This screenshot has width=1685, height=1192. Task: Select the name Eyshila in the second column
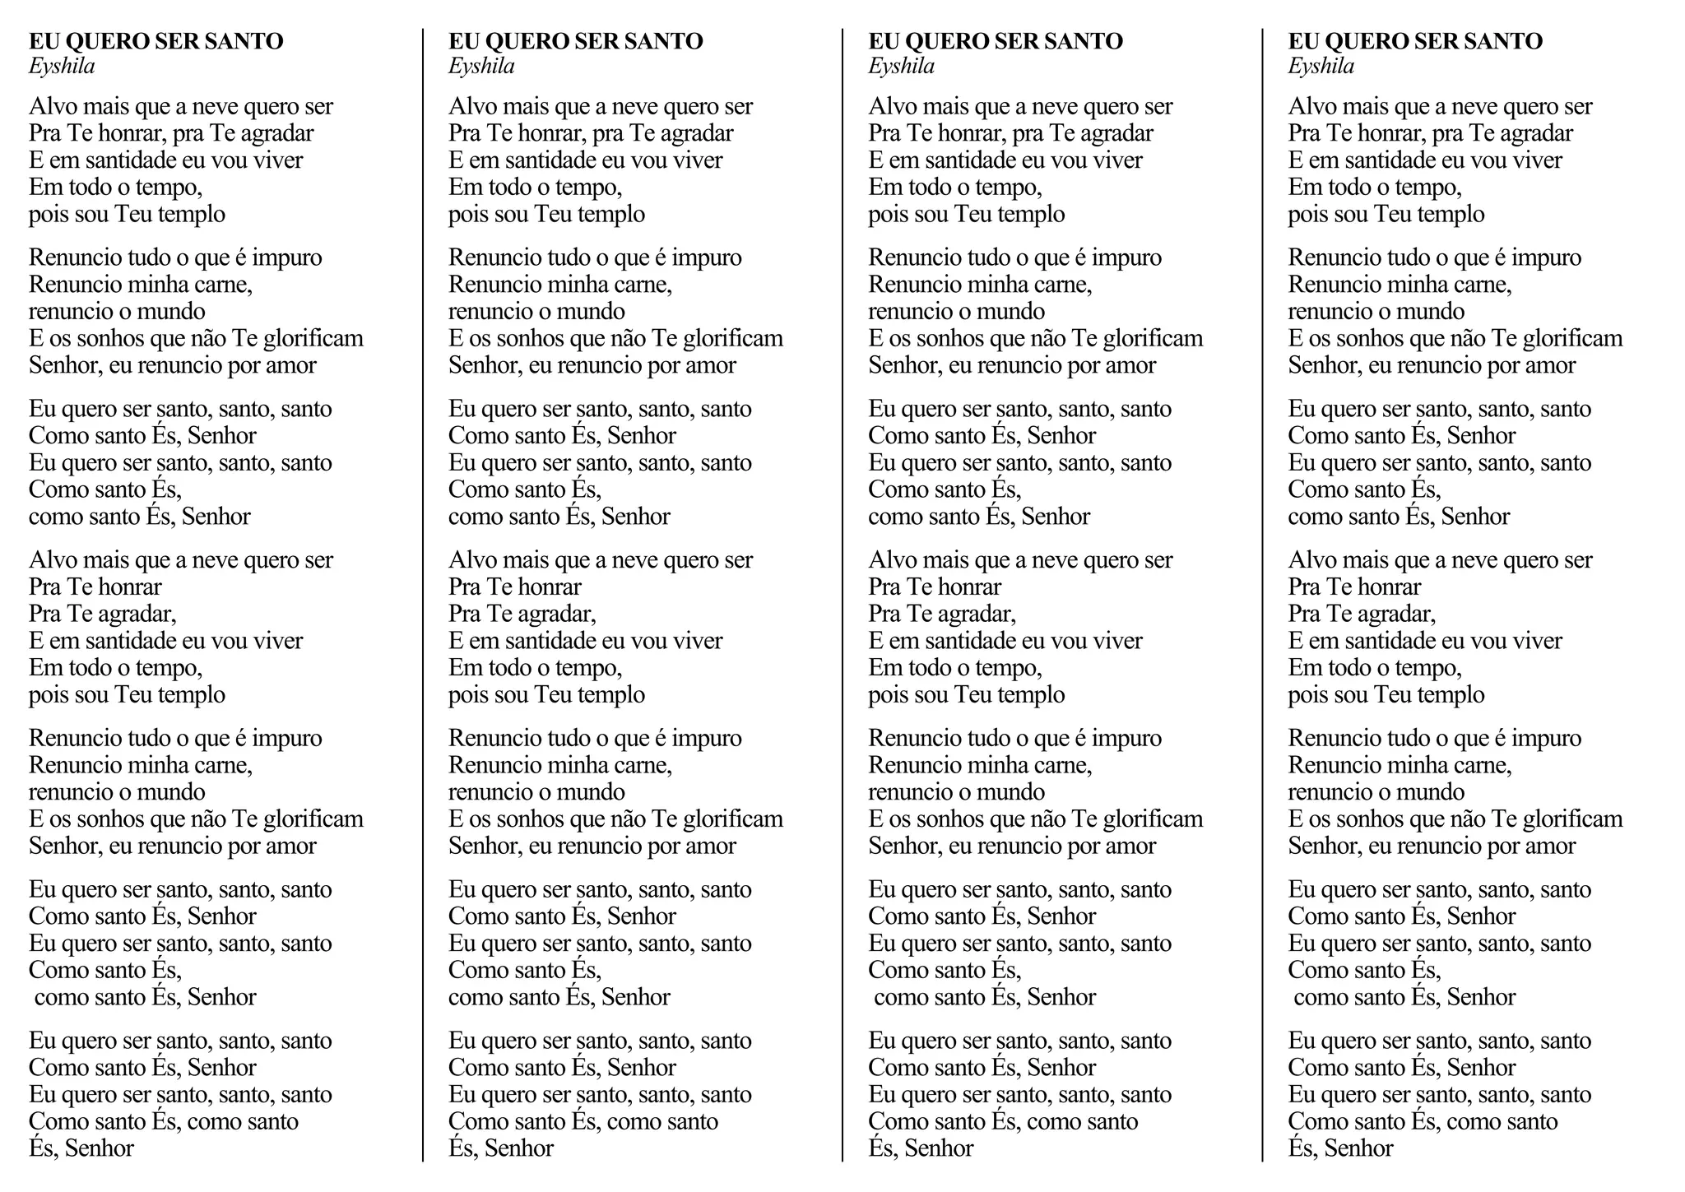481,67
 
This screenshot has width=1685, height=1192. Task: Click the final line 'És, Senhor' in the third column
921,1148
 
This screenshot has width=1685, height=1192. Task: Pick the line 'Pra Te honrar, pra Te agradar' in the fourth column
1430,133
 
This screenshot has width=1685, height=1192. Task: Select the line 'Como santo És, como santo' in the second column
583,1121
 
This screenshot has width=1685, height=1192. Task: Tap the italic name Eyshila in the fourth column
1321,67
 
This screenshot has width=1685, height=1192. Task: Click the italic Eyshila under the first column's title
62,67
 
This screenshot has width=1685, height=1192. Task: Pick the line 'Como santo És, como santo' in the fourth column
1423,1121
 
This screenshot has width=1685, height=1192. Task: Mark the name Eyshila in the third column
901,67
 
